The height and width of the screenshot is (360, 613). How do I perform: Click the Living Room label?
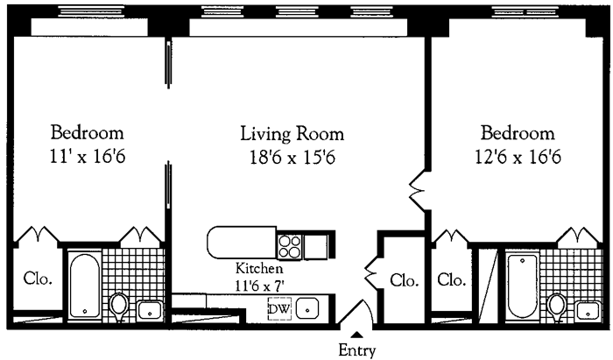tap(292, 134)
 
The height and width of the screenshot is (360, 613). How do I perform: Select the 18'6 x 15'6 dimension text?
tap(292, 158)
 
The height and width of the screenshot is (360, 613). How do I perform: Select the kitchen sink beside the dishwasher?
tap(307, 308)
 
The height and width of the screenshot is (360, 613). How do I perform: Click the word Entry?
tap(356, 350)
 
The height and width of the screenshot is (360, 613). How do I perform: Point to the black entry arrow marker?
tap(356, 334)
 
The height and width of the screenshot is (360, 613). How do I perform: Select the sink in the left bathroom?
tap(149, 309)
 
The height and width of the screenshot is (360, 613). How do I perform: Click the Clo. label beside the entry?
tap(403, 280)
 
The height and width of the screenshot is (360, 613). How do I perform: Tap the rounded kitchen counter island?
tap(242, 241)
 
